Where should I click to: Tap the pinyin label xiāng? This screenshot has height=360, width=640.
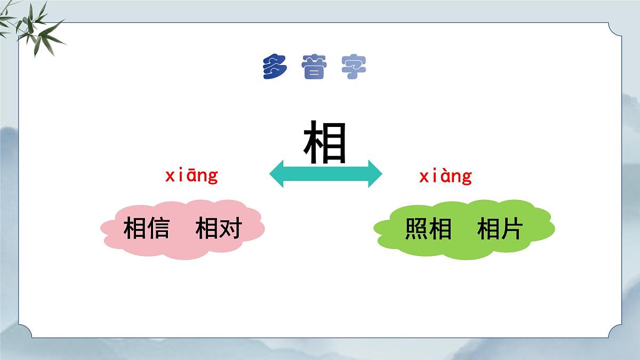coord(191,175)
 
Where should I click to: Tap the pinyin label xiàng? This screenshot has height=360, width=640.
coord(445,175)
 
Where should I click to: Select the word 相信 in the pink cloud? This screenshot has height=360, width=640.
coord(147,229)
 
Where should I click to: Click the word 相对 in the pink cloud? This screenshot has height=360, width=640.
coord(219,229)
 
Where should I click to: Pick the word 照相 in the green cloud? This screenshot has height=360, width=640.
coord(428,229)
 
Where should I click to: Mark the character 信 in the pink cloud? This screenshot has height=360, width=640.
coord(158,229)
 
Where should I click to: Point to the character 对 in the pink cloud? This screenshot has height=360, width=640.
coord(230,229)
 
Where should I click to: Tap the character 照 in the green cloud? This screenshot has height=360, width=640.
coord(417,229)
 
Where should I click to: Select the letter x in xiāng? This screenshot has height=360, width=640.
coord(170,176)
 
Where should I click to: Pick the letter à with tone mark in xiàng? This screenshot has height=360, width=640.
coord(442,175)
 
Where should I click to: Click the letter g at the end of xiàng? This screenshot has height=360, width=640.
coord(467,177)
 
